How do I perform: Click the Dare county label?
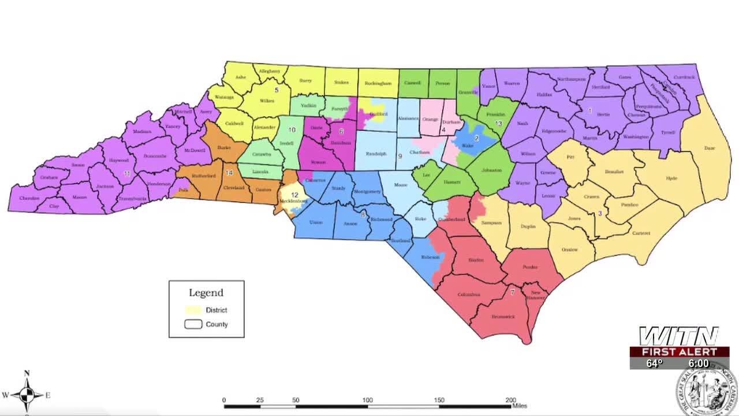click(x=709, y=148)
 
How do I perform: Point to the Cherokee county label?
click(x=29, y=198)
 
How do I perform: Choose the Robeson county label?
click(x=430, y=257)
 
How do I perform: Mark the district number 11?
click(x=127, y=173)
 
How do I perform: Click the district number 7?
click(x=512, y=293)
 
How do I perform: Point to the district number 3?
click(x=600, y=213)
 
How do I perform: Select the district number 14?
click(x=229, y=172)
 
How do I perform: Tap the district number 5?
click(x=277, y=90)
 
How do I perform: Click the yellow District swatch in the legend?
click(x=193, y=310)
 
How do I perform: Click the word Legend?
click(x=206, y=292)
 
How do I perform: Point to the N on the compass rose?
click(x=27, y=373)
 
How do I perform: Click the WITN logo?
click(x=678, y=336)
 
